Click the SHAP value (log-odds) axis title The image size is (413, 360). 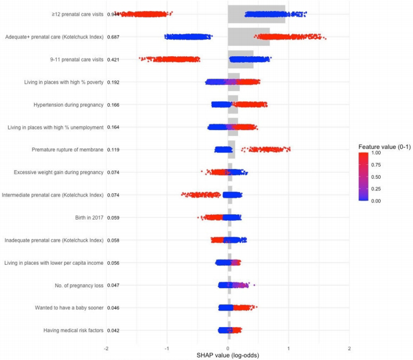point(228,355)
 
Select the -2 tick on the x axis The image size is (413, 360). point(106,348)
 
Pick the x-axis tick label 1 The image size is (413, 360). point(289,348)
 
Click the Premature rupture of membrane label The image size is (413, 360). point(67,149)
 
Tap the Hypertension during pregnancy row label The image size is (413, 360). point(68,105)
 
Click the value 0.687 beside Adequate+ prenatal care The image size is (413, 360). point(113,37)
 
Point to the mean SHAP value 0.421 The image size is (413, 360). point(113,60)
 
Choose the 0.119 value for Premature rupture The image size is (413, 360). point(113,149)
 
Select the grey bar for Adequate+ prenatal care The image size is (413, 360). point(249,37)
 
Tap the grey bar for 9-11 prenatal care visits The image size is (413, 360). point(240,60)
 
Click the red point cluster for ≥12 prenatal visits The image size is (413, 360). point(144,14)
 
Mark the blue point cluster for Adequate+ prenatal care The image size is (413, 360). point(188,37)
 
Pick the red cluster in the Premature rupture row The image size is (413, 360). point(268,149)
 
